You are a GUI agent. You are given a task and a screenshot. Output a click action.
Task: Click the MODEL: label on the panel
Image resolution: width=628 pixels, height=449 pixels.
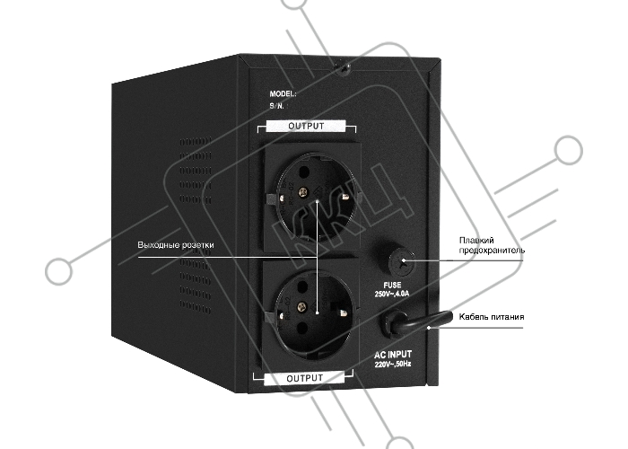point(283,93)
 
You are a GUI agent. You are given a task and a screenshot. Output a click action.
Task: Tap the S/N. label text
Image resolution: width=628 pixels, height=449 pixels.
point(276,106)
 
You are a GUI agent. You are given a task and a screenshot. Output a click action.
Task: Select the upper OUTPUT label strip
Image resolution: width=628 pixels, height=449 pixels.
point(306,126)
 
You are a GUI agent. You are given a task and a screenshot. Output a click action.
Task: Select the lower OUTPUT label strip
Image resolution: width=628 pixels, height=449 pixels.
point(304,378)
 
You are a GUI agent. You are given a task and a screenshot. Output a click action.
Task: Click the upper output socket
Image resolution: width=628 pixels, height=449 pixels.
point(312,198)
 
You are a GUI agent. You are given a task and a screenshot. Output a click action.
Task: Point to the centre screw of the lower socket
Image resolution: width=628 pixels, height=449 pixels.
point(301,307)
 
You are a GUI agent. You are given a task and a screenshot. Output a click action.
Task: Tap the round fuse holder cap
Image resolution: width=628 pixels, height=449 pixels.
point(402,261)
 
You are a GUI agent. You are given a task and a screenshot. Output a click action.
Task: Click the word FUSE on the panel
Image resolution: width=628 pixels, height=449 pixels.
point(392,285)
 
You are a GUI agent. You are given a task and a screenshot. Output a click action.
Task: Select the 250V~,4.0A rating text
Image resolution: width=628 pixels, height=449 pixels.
point(392,294)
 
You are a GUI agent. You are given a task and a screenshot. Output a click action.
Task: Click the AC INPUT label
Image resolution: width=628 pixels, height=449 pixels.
point(393,355)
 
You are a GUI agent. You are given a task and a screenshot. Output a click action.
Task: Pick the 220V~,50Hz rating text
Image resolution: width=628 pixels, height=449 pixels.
point(393,365)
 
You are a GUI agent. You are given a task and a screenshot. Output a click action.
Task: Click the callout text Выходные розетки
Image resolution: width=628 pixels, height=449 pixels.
point(176,245)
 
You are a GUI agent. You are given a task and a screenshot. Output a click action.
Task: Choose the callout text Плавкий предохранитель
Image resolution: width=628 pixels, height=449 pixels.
point(492,245)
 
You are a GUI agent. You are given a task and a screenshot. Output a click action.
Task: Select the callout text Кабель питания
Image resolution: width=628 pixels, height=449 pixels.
point(491,317)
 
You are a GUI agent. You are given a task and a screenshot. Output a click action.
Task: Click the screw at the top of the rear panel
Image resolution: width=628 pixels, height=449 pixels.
point(344,68)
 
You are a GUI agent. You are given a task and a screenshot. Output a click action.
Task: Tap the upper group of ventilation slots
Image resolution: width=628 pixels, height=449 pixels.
point(196,171)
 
